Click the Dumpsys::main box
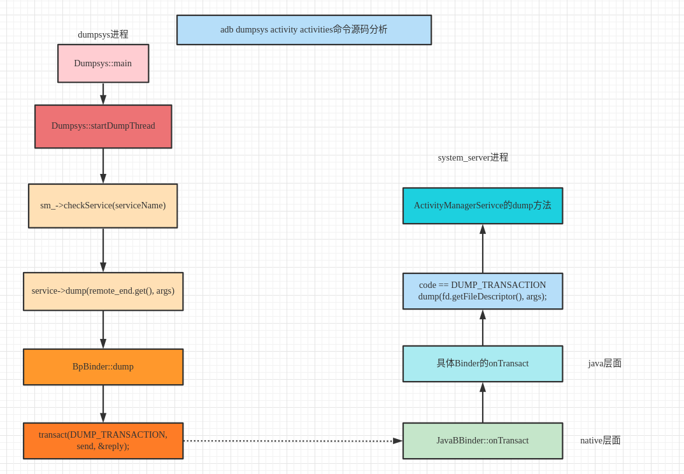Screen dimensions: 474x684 pyautogui.click(x=103, y=63)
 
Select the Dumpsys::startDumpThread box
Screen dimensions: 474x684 pyautogui.click(x=103, y=126)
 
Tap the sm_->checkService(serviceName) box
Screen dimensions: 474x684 pyautogui.click(x=103, y=206)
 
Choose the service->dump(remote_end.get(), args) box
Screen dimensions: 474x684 pyautogui.click(x=103, y=291)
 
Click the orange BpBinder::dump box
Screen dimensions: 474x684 pyautogui.click(x=103, y=367)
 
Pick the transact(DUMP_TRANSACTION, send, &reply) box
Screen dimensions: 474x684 pyautogui.click(x=103, y=441)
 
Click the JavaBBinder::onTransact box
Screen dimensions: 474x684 pyautogui.click(x=482, y=441)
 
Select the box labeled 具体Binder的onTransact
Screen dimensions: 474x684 pyautogui.click(x=482, y=364)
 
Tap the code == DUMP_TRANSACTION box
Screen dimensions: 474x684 pyautogui.click(x=482, y=291)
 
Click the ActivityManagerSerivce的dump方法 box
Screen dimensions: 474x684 pyautogui.click(x=482, y=206)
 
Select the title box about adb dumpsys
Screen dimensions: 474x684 pyautogui.click(x=304, y=30)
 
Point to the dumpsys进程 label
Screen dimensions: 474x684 pyautogui.click(x=103, y=34)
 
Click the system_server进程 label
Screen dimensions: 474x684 pyautogui.click(x=473, y=157)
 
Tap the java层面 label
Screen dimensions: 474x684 pyautogui.click(x=604, y=363)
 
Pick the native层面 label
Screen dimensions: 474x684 pyautogui.click(x=600, y=440)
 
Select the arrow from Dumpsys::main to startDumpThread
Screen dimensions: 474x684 pyautogui.click(x=103, y=94)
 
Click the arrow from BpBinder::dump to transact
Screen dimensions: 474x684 pyautogui.click(x=103, y=404)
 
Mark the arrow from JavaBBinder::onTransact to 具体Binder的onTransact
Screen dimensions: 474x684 pyautogui.click(x=483, y=403)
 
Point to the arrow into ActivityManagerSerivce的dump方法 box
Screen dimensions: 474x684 pyautogui.click(x=483, y=248)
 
